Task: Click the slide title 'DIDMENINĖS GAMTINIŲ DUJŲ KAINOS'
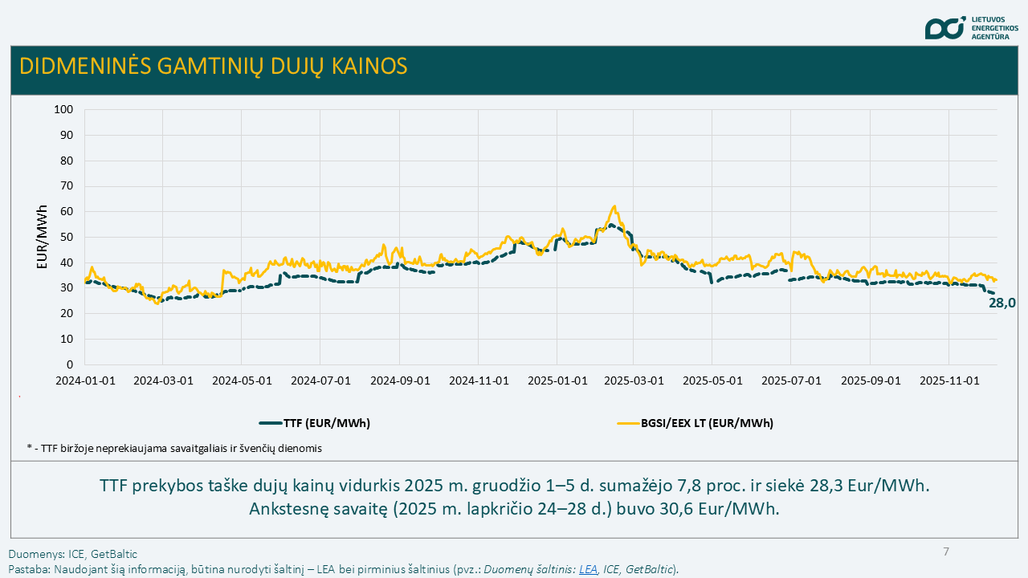(x=213, y=66)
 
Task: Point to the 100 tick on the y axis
(x=63, y=109)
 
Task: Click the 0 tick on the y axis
(x=69, y=364)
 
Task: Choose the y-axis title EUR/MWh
(x=43, y=237)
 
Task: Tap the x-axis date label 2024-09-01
(x=399, y=380)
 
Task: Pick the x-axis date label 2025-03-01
(x=634, y=380)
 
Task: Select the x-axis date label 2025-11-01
(x=949, y=380)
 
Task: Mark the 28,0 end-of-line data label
(x=1002, y=303)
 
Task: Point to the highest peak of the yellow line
(x=614, y=206)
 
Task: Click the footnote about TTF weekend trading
(x=174, y=448)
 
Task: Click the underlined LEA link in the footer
(x=588, y=569)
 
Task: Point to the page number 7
(x=946, y=552)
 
